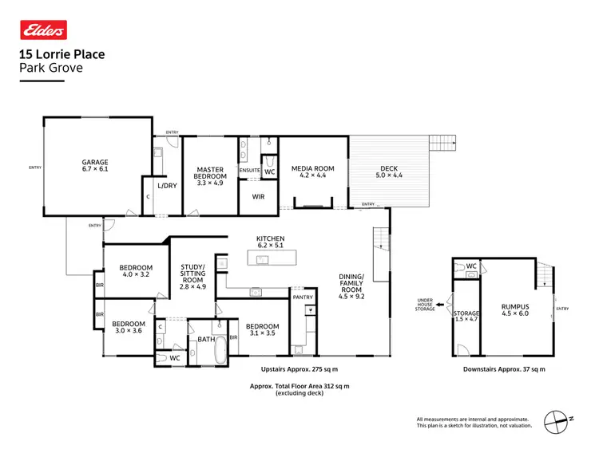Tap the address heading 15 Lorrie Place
pos(61,55)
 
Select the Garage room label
pos(94,164)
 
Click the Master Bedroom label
pos(209,175)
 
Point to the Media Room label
pos(312,172)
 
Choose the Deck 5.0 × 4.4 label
pos(388,172)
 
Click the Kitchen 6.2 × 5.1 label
pos(270,242)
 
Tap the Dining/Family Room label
pos(352,283)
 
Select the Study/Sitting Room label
pos(192,276)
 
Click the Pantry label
pos(303,297)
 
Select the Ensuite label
pos(250,169)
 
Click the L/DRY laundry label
pos(167,186)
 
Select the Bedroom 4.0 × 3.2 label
pos(136,272)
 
